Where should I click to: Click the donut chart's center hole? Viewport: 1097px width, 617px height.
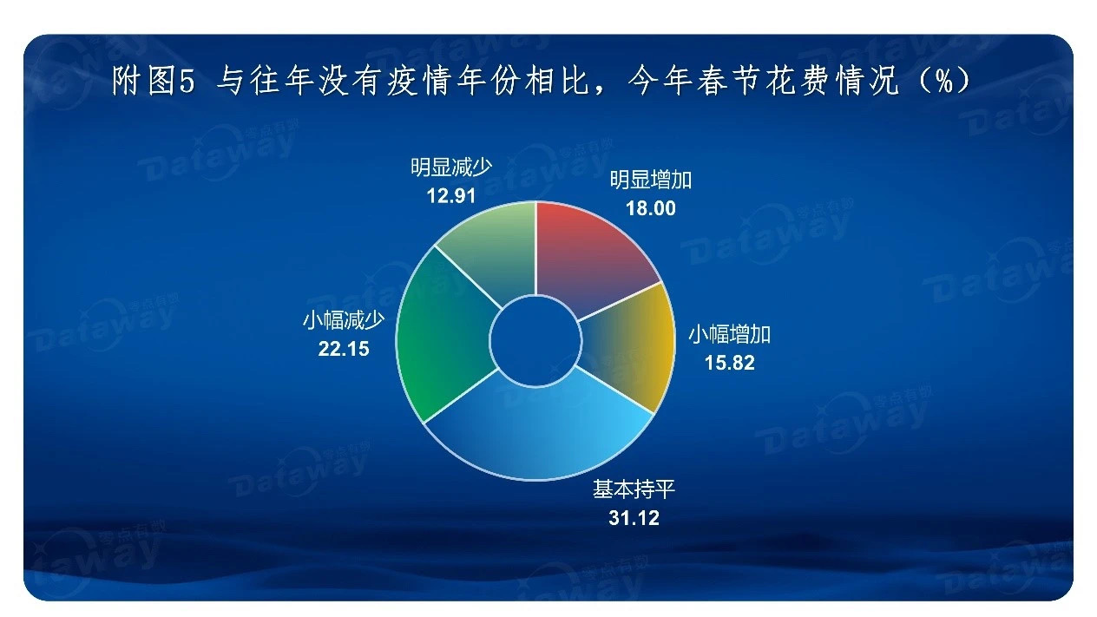click(x=535, y=341)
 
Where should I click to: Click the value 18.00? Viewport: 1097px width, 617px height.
click(x=650, y=208)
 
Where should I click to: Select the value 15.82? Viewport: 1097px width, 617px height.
click(x=729, y=363)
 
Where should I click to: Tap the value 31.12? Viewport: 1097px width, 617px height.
click(x=634, y=518)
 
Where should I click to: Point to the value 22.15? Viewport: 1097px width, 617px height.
click(x=344, y=349)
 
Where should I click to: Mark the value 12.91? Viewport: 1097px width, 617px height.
click(x=451, y=196)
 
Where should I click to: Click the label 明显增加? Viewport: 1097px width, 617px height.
click(x=650, y=181)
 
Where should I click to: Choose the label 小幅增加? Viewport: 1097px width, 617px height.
click(x=729, y=335)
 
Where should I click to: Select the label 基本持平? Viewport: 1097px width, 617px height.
click(x=634, y=489)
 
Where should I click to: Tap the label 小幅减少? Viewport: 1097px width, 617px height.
click(x=344, y=321)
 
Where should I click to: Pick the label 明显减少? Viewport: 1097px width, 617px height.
click(x=451, y=167)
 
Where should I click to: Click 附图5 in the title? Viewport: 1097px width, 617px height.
click(x=154, y=81)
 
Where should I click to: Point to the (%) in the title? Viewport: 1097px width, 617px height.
click(x=943, y=81)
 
